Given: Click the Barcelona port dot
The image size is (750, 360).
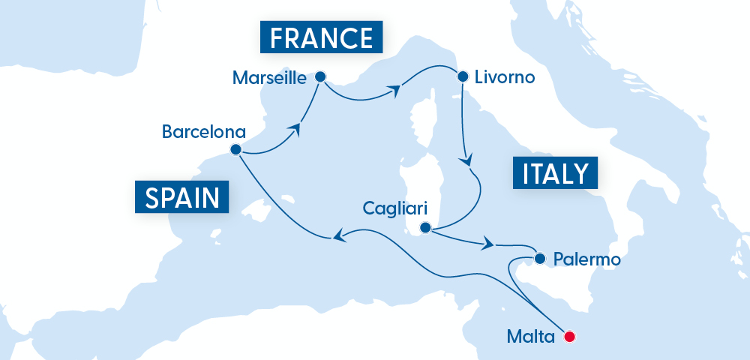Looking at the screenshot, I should tap(235, 149).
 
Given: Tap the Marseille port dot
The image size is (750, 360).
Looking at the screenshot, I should tap(320, 76).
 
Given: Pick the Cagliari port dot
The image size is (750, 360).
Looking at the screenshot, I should tap(424, 227).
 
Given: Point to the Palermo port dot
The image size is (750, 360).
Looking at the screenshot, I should tap(539, 259).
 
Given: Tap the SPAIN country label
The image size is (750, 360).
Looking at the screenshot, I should tap(183, 198).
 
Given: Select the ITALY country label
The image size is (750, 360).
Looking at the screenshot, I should tap(555, 172).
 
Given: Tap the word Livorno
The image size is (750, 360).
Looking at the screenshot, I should tap(505, 76).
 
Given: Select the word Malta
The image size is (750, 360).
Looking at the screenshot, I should tap(529, 336).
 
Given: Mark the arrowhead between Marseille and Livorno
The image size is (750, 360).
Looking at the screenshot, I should tap(391, 91).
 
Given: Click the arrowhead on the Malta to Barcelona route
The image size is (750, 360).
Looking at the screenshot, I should tap(339, 237).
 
